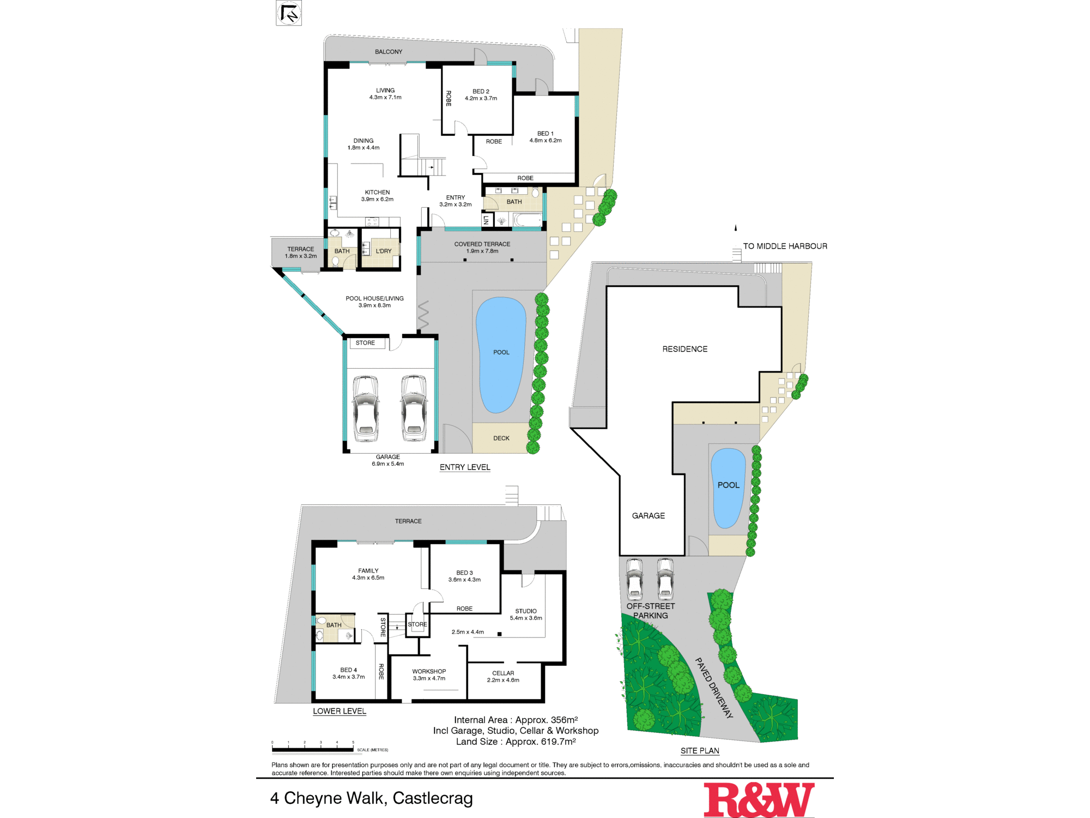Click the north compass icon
pos(289,13)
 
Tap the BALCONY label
pos(388,52)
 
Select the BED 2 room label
pos(481,92)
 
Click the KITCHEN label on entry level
pos(377,193)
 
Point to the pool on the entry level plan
pos(501,354)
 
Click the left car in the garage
pos(366,407)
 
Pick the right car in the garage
pos(414,407)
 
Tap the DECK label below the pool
pos(501,438)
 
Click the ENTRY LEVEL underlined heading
pos(465,467)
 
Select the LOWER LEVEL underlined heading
pos(339,711)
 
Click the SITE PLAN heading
pos(700,751)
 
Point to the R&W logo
pos(759,799)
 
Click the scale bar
pos(313,750)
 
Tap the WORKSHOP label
pos(429,671)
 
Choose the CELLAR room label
pos(503,673)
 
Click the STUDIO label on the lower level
pos(526,611)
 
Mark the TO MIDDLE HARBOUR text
pos(785,246)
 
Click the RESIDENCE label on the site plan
pos(685,349)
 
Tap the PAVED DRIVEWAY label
pos(714,688)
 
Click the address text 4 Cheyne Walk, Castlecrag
pos(372,798)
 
